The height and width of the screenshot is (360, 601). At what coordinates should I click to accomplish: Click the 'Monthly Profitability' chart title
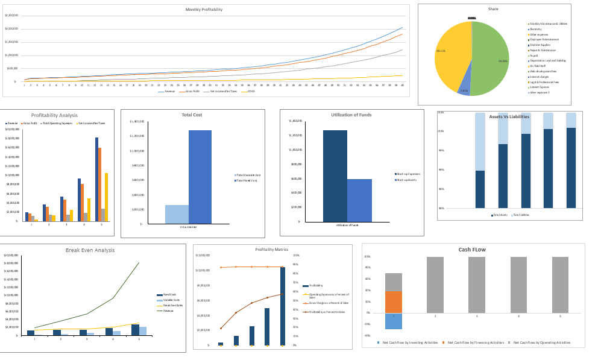(x=204, y=10)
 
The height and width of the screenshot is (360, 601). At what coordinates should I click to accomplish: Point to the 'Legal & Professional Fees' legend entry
(x=544, y=82)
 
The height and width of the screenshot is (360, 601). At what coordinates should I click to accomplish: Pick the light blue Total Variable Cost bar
(x=177, y=214)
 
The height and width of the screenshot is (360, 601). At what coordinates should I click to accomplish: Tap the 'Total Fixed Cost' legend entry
(x=248, y=181)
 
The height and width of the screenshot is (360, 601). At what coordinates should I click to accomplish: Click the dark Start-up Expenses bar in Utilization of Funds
(x=335, y=175)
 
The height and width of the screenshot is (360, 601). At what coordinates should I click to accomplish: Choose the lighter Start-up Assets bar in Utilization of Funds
(x=359, y=200)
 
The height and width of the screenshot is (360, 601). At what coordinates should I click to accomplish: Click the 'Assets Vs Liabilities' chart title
(x=509, y=116)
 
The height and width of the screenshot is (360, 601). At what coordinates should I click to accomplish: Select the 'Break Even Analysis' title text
(x=90, y=250)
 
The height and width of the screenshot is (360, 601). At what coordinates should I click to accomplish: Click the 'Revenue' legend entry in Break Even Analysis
(x=168, y=311)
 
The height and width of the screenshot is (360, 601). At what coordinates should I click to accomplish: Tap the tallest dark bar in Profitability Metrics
(x=282, y=306)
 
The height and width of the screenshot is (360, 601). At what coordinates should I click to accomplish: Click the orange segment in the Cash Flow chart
(x=394, y=302)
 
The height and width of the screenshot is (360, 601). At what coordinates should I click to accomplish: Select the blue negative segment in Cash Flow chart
(x=394, y=321)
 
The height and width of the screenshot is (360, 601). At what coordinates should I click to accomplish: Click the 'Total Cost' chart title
(x=192, y=115)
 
